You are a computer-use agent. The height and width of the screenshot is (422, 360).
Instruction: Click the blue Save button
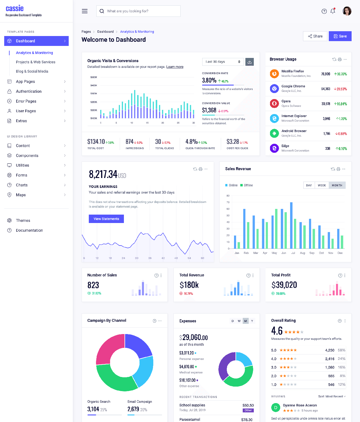[x=340, y=36]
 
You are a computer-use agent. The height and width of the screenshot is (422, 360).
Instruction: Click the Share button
[x=315, y=36]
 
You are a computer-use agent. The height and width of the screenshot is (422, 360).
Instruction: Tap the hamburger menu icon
[x=85, y=11]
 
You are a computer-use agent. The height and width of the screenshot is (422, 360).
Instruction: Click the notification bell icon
[x=333, y=11]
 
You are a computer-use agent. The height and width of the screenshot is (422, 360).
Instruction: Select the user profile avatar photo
[x=347, y=11]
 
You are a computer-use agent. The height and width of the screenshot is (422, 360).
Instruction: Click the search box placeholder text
[x=128, y=11]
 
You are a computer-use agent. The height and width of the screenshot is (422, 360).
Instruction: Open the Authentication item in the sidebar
[x=29, y=91]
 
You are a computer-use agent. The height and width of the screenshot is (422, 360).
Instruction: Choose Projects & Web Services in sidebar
[x=36, y=62]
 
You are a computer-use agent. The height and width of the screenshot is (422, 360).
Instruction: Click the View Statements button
[x=106, y=219]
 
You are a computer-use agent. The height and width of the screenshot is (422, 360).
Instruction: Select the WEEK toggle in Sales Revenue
[x=322, y=185]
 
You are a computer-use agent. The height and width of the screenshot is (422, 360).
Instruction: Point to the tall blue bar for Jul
[x=291, y=225]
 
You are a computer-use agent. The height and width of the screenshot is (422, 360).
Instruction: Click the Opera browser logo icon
[x=274, y=104]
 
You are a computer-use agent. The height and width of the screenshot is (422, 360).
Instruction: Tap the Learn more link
[x=175, y=67]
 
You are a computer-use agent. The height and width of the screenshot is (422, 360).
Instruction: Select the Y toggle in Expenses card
[x=252, y=321]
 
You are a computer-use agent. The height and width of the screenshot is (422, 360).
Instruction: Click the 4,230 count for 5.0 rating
[x=329, y=350]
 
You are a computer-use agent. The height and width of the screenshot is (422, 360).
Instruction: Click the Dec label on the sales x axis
[x=340, y=253]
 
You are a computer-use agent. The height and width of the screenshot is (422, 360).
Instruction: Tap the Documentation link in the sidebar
[x=29, y=231]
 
